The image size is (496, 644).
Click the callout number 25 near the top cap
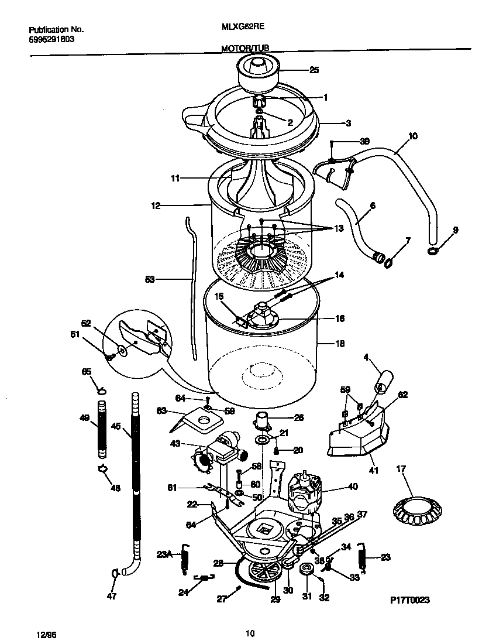pyautogui.click(x=314, y=70)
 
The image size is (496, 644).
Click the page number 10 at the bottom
pyautogui.click(x=250, y=633)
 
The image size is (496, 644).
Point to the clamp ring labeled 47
pyautogui.click(x=115, y=574)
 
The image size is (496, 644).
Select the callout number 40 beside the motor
pyautogui.click(x=353, y=485)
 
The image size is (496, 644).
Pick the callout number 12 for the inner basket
pyautogui.click(x=156, y=205)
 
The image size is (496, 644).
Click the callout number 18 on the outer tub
pyautogui.click(x=340, y=344)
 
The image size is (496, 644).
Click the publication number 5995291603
pyautogui.click(x=51, y=40)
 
